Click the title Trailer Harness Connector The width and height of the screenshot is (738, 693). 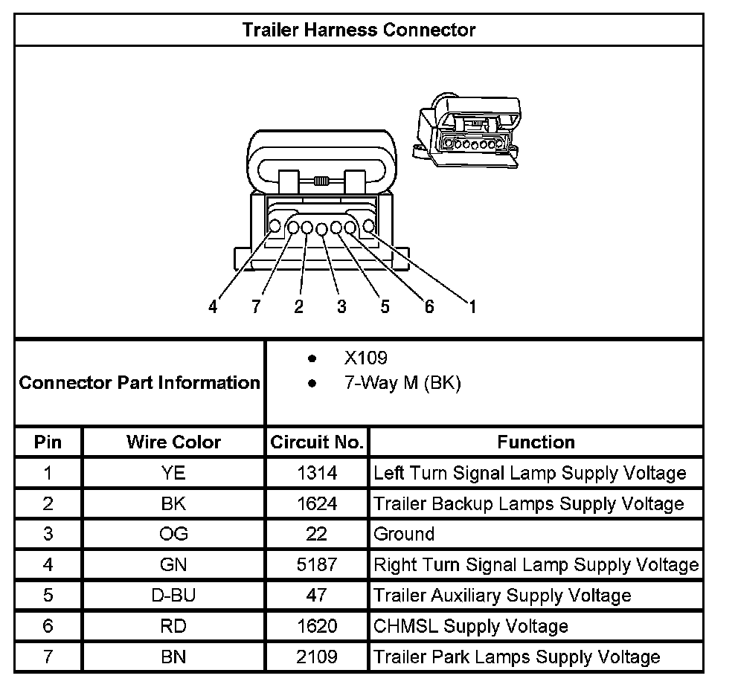(359, 30)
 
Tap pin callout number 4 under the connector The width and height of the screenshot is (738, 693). (213, 306)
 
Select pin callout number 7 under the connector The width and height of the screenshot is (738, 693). (256, 306)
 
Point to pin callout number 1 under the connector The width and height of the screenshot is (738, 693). (471, 306)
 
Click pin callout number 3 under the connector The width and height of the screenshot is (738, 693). (341, 306)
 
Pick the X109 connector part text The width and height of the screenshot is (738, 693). (365, 358)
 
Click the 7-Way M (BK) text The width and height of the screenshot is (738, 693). (402, 384)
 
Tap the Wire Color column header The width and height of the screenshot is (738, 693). (173, 442)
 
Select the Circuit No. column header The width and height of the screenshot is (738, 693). (317, 442)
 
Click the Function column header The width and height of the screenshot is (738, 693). (536, 442)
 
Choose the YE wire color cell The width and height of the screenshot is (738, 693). (173, 473)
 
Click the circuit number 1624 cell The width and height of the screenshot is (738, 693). (317, 503)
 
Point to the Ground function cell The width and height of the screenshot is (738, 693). (404, 534)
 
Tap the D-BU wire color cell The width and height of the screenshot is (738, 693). (173, 595)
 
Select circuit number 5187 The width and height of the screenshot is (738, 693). (317, 564)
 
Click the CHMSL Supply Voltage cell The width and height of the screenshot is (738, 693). (470, 626)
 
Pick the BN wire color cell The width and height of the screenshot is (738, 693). (173, 657)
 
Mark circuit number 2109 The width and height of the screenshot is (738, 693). (317, 657)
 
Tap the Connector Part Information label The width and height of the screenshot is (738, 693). (139, 383)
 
